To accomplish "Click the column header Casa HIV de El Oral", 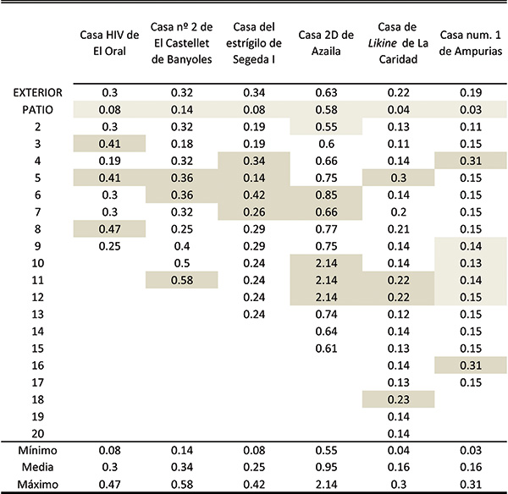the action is pos(109,43).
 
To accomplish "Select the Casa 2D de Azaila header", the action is pos(326,43).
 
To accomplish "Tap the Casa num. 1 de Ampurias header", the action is pos(471,43).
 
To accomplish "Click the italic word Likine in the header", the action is pos(383,43).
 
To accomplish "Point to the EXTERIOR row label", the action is pos(37,93).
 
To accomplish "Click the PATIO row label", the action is pos(37,110).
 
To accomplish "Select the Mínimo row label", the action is pos(37,450).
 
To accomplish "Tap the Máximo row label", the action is pos(37,485).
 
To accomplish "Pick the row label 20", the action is pos(37,433).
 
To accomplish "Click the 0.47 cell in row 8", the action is pos(109,229).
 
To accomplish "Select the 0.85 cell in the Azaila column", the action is pos(326,195).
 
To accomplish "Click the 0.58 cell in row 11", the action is pos(182,280).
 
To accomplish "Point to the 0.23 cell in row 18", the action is pos(399,399).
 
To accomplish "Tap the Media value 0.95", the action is pos(326,467).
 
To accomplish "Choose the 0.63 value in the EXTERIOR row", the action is pos(326,93).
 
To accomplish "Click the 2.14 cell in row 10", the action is pos(326,263).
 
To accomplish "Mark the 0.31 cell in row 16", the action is pos(471,365).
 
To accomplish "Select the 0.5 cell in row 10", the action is pos(182,263).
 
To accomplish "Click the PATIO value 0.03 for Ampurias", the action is pos(471,110).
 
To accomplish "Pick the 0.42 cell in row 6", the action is pos(254,195).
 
